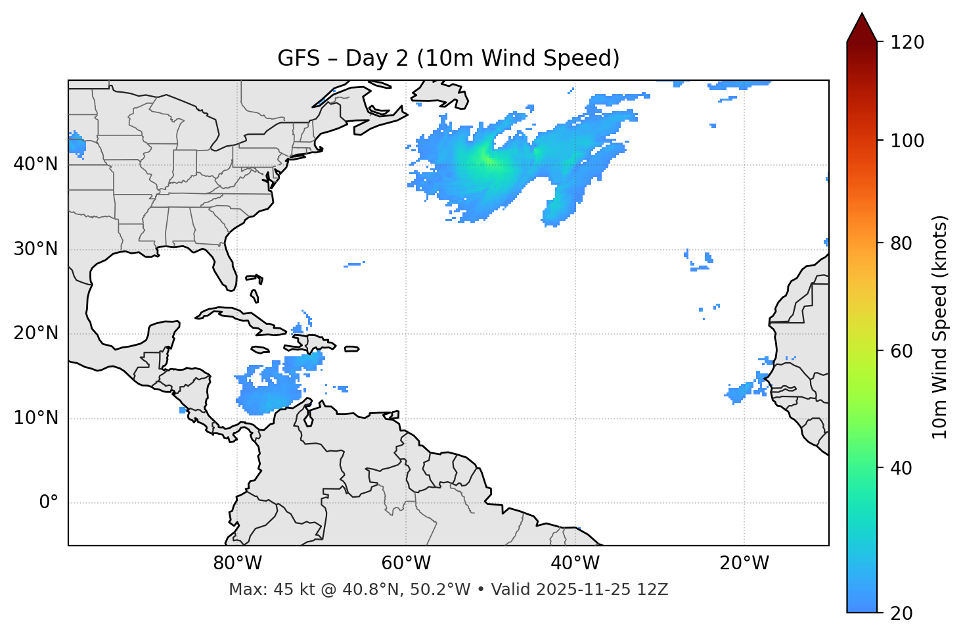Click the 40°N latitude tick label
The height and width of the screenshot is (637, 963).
coord(35,164)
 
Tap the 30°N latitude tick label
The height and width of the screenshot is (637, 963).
coord(35,249)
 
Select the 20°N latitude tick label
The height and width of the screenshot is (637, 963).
coord(35,333)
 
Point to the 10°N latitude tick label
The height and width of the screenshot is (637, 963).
coord(35,418)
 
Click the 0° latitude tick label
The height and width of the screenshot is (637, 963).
coord(49,503)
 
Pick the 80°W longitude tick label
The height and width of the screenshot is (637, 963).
coord(237,563)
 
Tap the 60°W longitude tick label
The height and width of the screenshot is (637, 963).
coord(406,563)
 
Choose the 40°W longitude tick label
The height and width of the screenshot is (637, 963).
coord(575,563)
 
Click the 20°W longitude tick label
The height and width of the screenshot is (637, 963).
coord(744,563)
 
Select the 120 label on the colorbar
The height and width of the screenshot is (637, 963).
coord(907,43)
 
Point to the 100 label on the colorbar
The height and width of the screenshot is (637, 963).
coord(907,141)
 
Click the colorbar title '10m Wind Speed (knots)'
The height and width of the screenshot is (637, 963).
coord(940,327)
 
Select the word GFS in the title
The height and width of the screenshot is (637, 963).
coord(298,59)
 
